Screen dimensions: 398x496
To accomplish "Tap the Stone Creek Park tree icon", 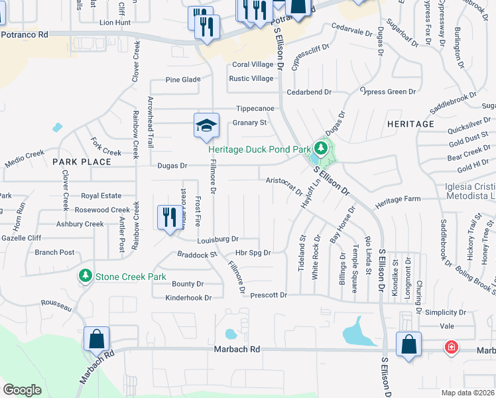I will point(85,275).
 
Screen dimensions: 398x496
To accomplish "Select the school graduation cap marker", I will point(206,125).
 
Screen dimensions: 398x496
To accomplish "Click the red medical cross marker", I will point(452,347).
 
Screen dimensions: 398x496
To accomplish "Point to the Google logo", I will point(22,389).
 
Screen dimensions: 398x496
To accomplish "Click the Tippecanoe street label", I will point(256,109).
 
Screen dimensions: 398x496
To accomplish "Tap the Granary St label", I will point(249,123).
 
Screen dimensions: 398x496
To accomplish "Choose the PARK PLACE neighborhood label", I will point(82,162).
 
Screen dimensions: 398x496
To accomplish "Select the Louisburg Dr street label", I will point(217,239).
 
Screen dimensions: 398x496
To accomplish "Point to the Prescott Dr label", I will point(269,295).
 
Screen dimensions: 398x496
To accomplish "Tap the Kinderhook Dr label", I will point(188,298).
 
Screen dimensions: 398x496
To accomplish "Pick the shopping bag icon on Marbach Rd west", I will point(96,340).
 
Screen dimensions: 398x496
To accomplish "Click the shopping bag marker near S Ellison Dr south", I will point(408,345).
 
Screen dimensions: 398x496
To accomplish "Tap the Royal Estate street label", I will point(101,196).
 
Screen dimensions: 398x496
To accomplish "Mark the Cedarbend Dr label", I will point(308,93).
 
